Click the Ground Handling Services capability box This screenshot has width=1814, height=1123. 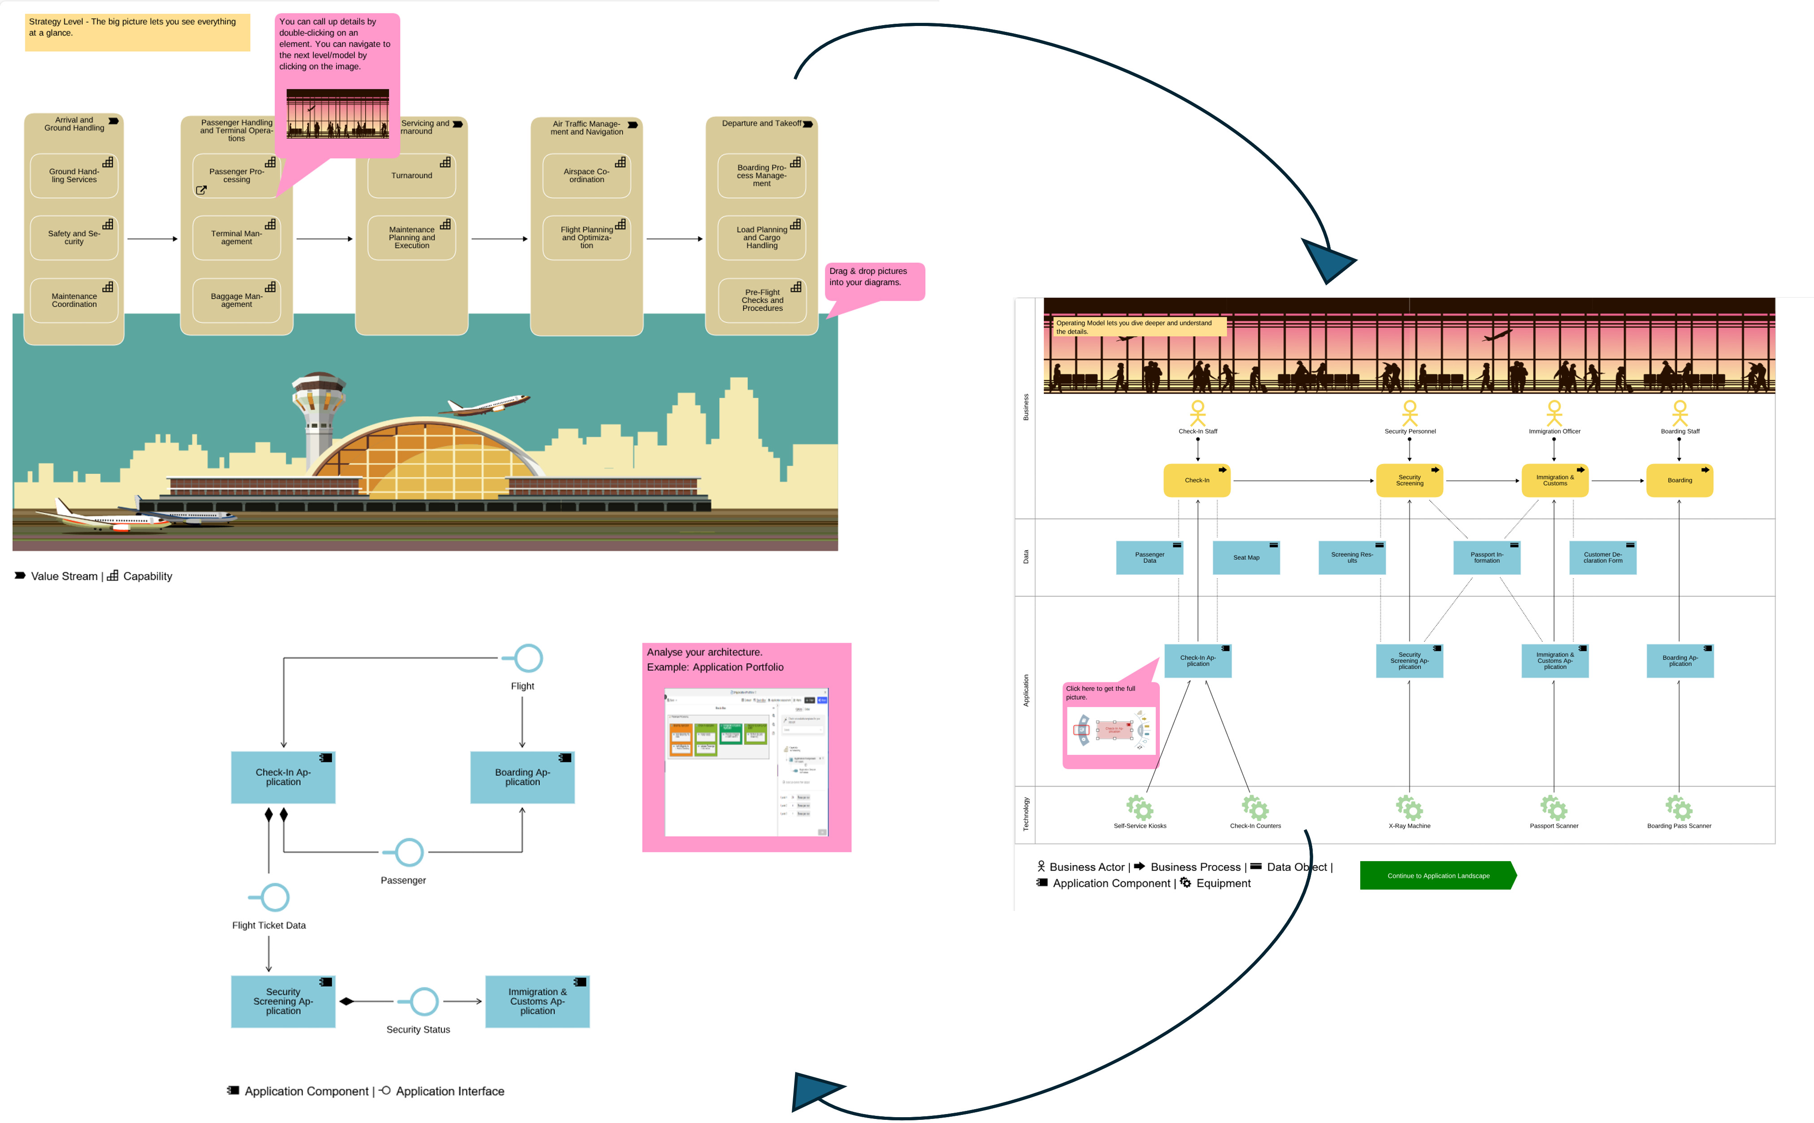pos(74,176)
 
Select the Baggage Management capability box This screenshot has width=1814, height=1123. pos(236,300)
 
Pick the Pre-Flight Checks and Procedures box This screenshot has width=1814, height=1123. pos(762,300)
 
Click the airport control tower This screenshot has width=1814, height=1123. pos(319,416)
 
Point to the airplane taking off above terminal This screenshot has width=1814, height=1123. pos(488,405)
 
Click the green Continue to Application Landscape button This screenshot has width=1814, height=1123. pos(1437,876)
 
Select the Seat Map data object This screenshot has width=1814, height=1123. pos(1246,558)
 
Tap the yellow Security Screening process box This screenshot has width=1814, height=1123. pos(1409,481)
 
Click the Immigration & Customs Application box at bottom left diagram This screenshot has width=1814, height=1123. pos(537,1001)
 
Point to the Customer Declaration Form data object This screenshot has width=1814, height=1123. pos(1602,558)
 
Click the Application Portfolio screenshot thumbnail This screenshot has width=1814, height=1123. pos(746,761)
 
